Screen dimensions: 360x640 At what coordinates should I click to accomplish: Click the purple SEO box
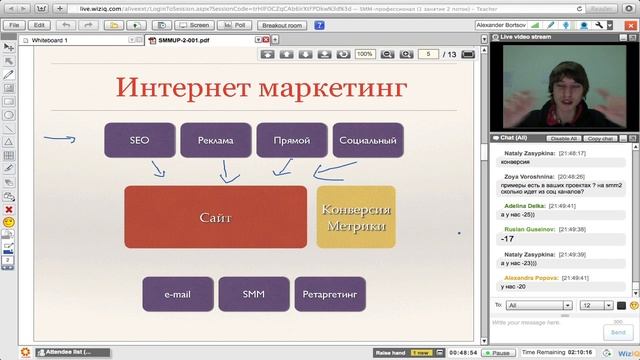pyautogui.click(x=139, y=141)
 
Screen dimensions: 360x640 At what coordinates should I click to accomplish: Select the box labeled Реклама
pyautogui.click(x=215, y=141)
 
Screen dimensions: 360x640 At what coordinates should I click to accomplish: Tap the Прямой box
pyautogui.click(x=291, y=141)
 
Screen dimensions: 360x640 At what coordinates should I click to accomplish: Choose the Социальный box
pyautogui.click(x=367, y=141)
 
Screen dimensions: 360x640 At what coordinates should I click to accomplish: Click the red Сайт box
pyautogui.click(x=215, y=216)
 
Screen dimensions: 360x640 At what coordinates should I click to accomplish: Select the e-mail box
pyautogui.click(x=177, y=295)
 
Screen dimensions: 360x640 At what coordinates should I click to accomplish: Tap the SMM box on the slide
pyautogui.click(x=253, y=295)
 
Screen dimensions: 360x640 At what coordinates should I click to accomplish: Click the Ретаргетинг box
pyautogui.click(x=330, y=295)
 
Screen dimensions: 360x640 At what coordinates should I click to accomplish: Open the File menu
pyautogui.click(x=14, y=24)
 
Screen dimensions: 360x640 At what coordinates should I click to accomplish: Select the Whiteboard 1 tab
pyautogui.click(x=51, y=40)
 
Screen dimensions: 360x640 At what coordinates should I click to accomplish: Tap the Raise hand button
pyautogui.click(x=391, y=353)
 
